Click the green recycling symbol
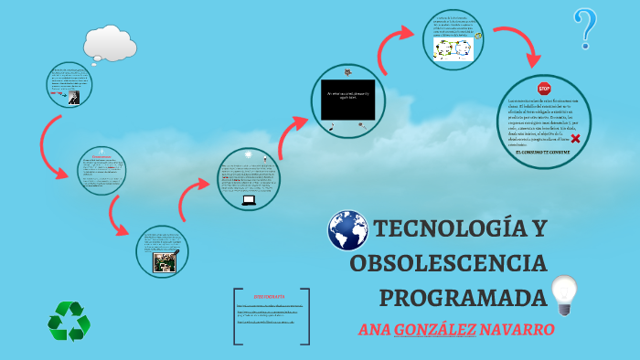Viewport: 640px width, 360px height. [69, 321]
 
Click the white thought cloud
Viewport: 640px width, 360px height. [109, 42]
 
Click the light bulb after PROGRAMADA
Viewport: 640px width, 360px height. [564, 294]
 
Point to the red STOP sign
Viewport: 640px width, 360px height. [544, 89]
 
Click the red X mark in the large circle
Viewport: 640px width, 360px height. [575, 138]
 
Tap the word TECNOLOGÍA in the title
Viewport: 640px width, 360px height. [448, 229]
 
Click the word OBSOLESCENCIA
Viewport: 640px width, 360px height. [448, 264]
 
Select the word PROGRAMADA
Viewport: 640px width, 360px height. [463, 298]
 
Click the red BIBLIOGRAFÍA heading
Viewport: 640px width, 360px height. [270, 297]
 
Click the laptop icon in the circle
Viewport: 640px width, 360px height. [248, 200]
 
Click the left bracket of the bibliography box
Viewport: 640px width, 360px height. [237, 316]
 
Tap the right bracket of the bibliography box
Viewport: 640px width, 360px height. [306, 316]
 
